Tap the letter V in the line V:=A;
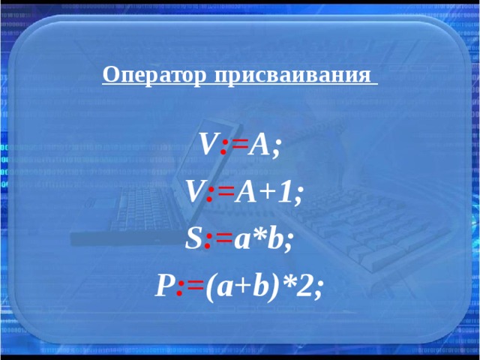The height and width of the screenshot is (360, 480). click(208, 144)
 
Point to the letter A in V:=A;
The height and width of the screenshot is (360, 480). click(259, 144)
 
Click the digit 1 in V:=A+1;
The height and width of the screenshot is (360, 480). click(288, 193)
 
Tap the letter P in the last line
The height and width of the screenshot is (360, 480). click(164, 286)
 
